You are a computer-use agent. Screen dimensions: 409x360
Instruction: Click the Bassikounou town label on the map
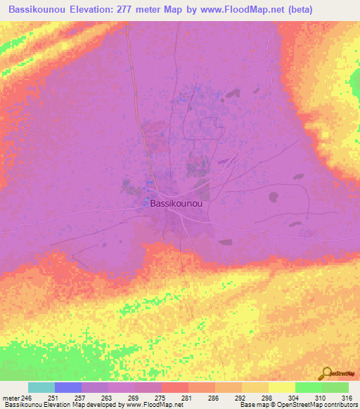pos(176,203)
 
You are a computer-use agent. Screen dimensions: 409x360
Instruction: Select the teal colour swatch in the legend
pos(41,387)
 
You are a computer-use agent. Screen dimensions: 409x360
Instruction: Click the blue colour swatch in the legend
pos(68,387)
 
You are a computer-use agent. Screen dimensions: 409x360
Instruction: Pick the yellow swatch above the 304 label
pos(282,387)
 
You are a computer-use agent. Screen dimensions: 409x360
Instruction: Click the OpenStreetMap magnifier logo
pos(326,375)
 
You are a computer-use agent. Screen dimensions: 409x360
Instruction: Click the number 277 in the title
pos(129,9)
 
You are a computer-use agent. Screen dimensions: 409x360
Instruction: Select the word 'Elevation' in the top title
pos(89,9)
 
